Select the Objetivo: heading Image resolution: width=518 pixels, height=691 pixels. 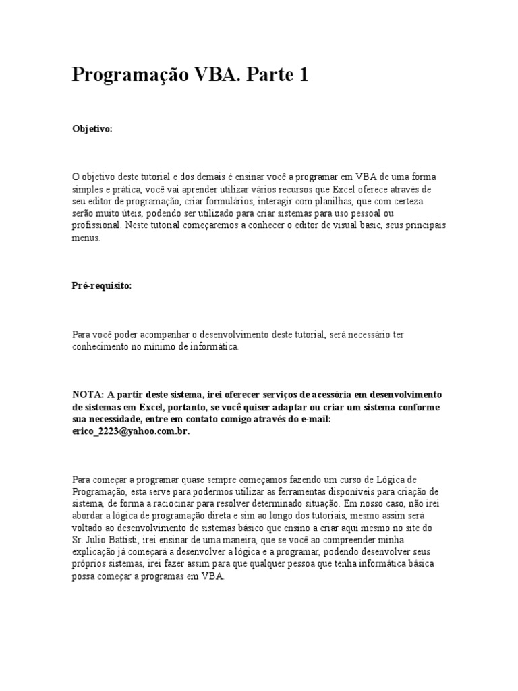click(x=92, y=128)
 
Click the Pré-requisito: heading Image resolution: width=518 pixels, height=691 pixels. click(x=102, y=285)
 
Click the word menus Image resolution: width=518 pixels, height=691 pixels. click(x=86, y=238)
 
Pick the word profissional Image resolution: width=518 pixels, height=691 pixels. click(x=96, y=225)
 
